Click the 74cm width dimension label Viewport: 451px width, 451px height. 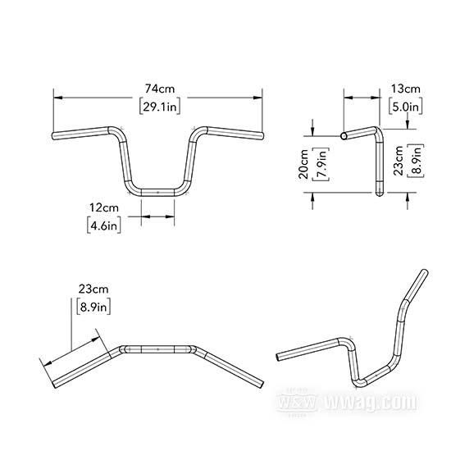pyautogui.click(x=160, y=89)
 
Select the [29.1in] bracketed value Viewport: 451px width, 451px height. pyautogui.click(x=160, y=107)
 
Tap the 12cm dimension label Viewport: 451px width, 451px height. pyautogui.click(x=104, y=207)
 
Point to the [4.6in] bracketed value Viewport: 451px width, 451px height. pyautogui.click(x=104, y=225)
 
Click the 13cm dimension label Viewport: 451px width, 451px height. pyautogui.click(x=406, y=89)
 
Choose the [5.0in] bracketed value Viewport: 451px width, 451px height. pyautogui.click(x=406, y=107)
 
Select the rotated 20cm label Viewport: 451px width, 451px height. pyautogui.click(x=303, y=164)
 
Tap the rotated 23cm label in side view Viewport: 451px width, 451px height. pyautogui.click(x=399, y=161)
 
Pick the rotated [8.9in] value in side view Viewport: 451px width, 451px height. pyautogui.click(x=417, y=161)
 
